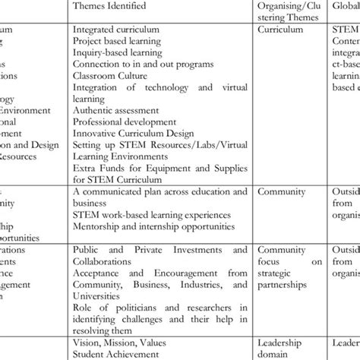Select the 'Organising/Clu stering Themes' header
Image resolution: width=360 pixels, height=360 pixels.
(292, 11)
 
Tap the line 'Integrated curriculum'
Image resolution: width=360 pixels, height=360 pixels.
(115, 30)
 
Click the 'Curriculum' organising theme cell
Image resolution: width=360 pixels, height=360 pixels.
(279, 30)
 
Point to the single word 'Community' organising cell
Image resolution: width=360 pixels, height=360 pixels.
(280, 192)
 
